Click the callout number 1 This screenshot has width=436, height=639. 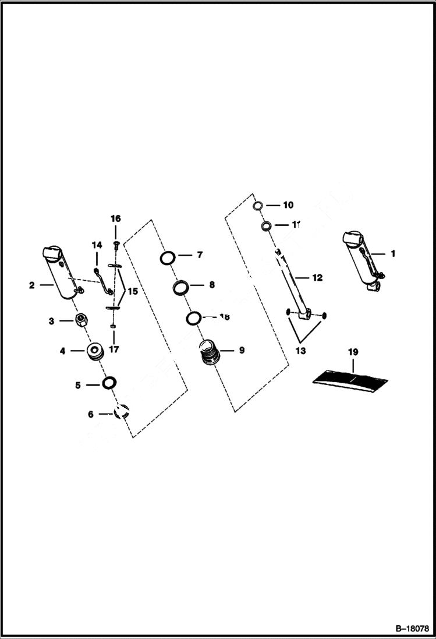coord(393,253)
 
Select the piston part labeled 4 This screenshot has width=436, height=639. coord(94,352)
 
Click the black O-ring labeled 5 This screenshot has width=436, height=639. coord(108,383)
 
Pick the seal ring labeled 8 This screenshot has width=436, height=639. coord(180,287)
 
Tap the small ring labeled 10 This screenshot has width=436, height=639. coord(258,206)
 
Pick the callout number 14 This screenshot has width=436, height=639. coord(97,246)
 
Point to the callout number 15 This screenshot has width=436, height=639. coord(133,291)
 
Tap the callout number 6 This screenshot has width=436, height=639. coord(91,414)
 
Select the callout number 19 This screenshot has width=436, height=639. coord(353,352)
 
